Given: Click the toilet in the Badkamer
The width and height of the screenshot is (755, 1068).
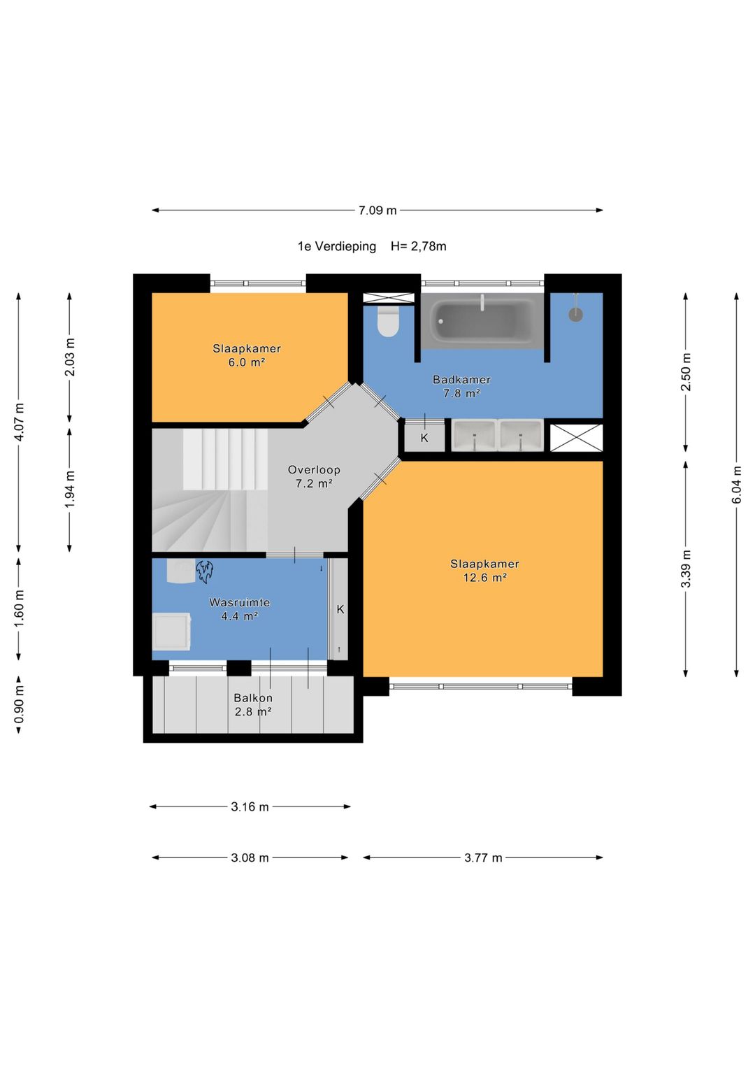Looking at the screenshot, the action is [x=387, y=321].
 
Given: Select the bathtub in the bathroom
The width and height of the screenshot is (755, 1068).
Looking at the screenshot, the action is [x=482, y=320].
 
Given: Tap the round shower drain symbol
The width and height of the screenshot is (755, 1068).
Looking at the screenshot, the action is [x=576, y=314].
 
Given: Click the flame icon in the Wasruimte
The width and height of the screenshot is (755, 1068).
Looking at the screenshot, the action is [x=204, y=571].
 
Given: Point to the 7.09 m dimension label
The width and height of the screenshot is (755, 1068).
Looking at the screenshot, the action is [x=377, y=211].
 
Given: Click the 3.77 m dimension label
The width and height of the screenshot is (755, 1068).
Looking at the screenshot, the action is [x=483, y=857].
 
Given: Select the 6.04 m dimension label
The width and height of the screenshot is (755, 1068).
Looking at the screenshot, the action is [x=737, y=485].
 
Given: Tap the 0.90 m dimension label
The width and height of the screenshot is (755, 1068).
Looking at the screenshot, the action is [x=19, y=704].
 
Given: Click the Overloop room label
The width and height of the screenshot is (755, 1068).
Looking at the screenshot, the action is [x=314, y=469].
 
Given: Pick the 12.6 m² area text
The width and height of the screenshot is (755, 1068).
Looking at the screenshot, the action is [x=484, y=578].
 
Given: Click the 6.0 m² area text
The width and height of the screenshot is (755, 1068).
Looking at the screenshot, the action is [x=246, y=362].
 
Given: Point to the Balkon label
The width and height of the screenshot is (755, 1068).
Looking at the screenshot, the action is [x=253, y=698].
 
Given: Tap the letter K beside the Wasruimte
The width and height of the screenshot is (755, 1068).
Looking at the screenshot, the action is [x=340, y=609].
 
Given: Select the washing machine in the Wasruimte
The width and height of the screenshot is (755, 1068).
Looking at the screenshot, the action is [x=172, y=632].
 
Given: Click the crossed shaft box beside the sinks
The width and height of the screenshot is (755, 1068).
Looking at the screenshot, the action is [x=576, y=438].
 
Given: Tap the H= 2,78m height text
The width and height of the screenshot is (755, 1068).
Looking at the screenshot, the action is [x=419, y=246].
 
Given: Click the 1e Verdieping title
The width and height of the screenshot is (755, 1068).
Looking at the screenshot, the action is [x=337, y=247].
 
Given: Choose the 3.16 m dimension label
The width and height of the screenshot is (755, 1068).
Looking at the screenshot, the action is [x=250, y=806].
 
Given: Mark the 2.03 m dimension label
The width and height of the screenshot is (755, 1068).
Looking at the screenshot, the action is [x=70, y=357].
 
